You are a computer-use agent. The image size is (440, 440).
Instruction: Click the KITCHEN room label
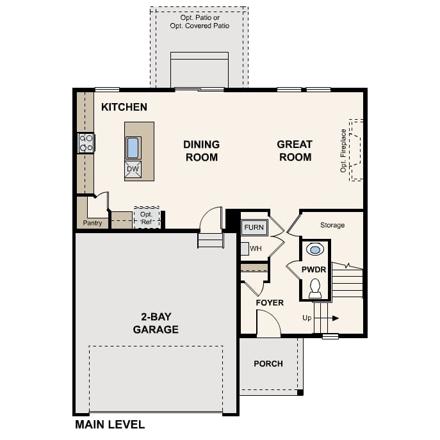pyautogui.click(x=124, y=108)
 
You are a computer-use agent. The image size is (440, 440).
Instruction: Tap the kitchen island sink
pyautogui.click(x=133, y=148)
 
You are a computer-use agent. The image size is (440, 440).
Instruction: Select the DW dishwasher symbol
pyautogui.click(x=133, y=170)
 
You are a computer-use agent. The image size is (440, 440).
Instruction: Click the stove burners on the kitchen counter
pyautogui.click(x=86, y=143)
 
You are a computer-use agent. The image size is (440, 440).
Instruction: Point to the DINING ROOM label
pyautogui.click(x=201, y=151)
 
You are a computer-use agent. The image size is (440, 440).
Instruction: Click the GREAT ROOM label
pyautogui.click(x=295, y=151)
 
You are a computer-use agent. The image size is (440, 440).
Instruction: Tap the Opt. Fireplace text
pyautogui.click(x=344, y=151)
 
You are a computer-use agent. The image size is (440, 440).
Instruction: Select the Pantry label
pyautogui.click(x=93, y=224)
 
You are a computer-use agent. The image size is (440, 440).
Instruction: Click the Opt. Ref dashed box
pyautogui.click(x=147, y=218)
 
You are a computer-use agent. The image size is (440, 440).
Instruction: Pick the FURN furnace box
pyautogui.click(x=254, y=227)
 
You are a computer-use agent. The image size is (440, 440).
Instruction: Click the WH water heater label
pyautogui.click(x=256, y=249)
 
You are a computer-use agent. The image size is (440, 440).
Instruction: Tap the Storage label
pyautogui.click(x=332, y=225)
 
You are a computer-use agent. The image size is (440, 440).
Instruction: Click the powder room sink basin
pyautogui.click(x=315, y=249)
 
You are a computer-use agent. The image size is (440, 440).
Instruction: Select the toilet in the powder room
pyautogui.click(x=315, y=288)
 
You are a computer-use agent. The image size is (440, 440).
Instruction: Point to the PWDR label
pyautogui.click(x=314, y=270)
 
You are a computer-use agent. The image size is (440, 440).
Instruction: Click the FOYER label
pyautogui.click(x=270, y=302)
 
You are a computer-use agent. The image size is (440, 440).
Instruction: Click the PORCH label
pyautogui.click(x=268, y=364)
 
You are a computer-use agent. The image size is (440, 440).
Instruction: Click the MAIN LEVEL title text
pyautogui.click(x=110, y=424)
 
